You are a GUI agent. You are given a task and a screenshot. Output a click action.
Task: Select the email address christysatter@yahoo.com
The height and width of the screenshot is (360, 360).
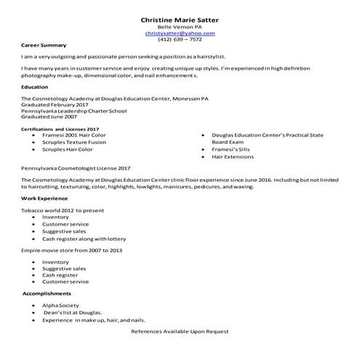[x=180, y=33]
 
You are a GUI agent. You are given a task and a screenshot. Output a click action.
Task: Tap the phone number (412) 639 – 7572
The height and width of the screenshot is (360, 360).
[x=180, y=40]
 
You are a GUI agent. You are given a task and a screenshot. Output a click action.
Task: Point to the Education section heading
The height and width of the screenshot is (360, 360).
[x=35, y=87]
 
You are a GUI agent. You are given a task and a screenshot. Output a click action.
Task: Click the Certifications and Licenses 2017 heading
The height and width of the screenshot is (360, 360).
[x=60, y=129]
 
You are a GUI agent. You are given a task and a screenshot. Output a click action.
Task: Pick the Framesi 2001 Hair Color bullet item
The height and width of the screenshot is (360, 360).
[x=74, y=135]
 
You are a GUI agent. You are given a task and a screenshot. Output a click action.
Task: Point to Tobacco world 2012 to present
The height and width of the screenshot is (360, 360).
[x=63, y=210]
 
